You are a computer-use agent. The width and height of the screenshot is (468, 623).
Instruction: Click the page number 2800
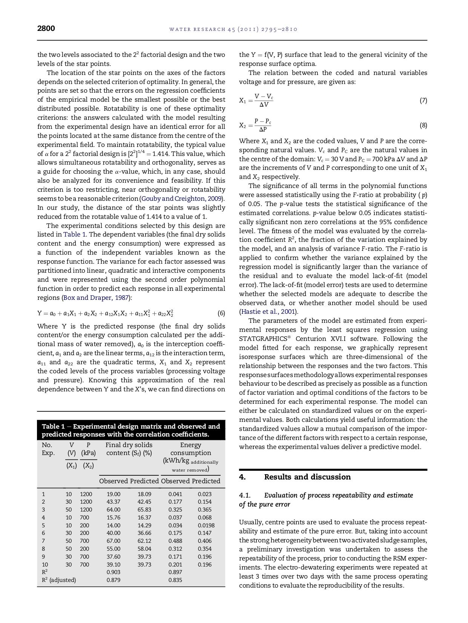click(46, 29)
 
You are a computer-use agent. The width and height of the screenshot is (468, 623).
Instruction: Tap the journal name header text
click(233, 29)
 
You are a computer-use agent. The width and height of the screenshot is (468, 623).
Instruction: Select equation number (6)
click(221, 313)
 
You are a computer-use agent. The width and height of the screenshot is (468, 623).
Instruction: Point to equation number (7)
click(423, 101)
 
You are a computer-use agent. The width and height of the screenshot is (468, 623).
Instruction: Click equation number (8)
click(423, 125)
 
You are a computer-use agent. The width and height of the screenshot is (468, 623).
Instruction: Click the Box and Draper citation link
click(96, 298)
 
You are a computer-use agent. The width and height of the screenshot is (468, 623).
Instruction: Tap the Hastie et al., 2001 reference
click(269, 312)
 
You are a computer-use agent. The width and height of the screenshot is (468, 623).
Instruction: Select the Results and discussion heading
click(307, 477)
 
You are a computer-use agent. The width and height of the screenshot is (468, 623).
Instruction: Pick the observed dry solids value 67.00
click(114, 541)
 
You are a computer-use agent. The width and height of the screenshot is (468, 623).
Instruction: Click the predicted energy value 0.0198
click(206, 525)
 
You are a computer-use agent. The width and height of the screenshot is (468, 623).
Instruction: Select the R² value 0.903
click(114, 572)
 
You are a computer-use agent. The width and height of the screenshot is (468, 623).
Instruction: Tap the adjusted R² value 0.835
click(175, 580)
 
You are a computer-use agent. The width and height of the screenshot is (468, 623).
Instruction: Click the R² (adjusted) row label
click(59, 580)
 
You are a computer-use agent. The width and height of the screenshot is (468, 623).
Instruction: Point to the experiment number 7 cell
click(43, 541)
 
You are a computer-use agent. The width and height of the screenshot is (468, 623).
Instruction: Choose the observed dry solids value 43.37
click(114, 502)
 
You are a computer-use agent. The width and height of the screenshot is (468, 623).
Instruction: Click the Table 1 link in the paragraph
click(74, 235)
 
